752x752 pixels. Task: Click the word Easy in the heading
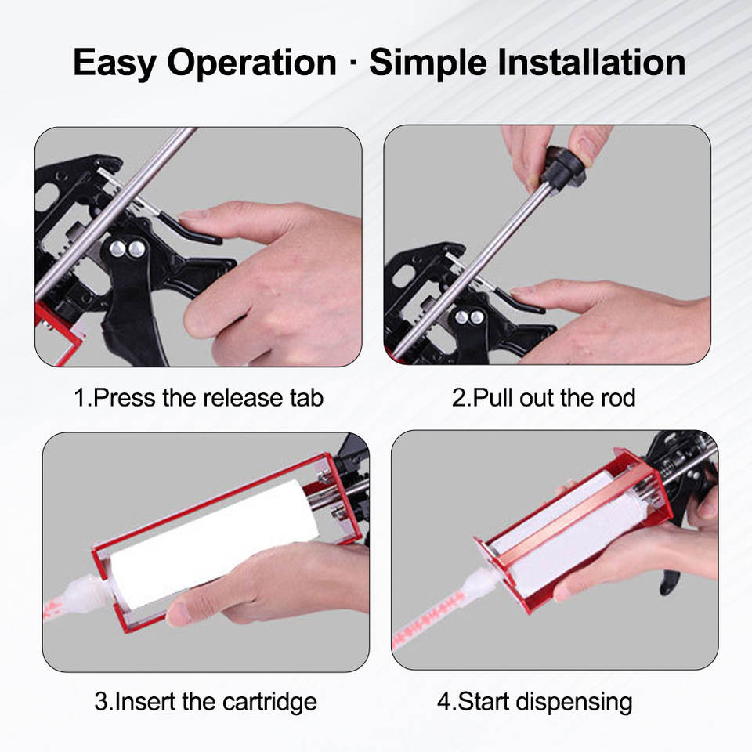(114, 63)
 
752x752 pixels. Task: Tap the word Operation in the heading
(251, 63)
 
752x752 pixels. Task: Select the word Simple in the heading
(428, 63)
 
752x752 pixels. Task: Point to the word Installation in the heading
(591, 62)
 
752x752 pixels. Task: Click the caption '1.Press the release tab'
(198, 398)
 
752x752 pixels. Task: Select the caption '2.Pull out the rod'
(544, 398)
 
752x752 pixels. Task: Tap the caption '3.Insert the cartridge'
(206, 702)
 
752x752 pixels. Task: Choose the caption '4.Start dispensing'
(534, 702)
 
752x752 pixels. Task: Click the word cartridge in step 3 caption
(269, 702)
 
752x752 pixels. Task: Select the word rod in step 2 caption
(618, 398)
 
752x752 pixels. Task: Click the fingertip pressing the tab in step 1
(188, 215)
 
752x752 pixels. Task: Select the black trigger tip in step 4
(667, 586)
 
